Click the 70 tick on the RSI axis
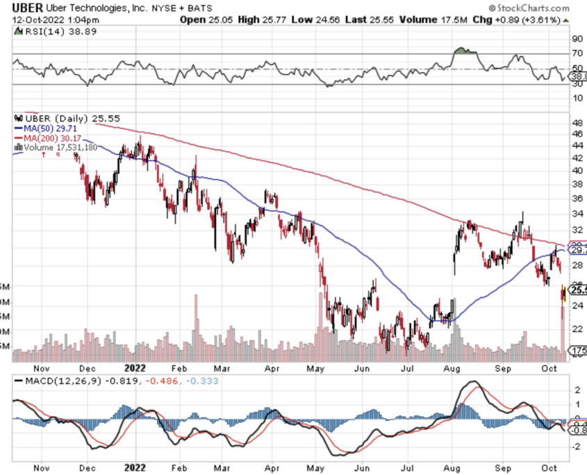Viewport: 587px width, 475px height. click(x=577, y=53)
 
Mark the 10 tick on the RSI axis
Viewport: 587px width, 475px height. click(x=577, y=97)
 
